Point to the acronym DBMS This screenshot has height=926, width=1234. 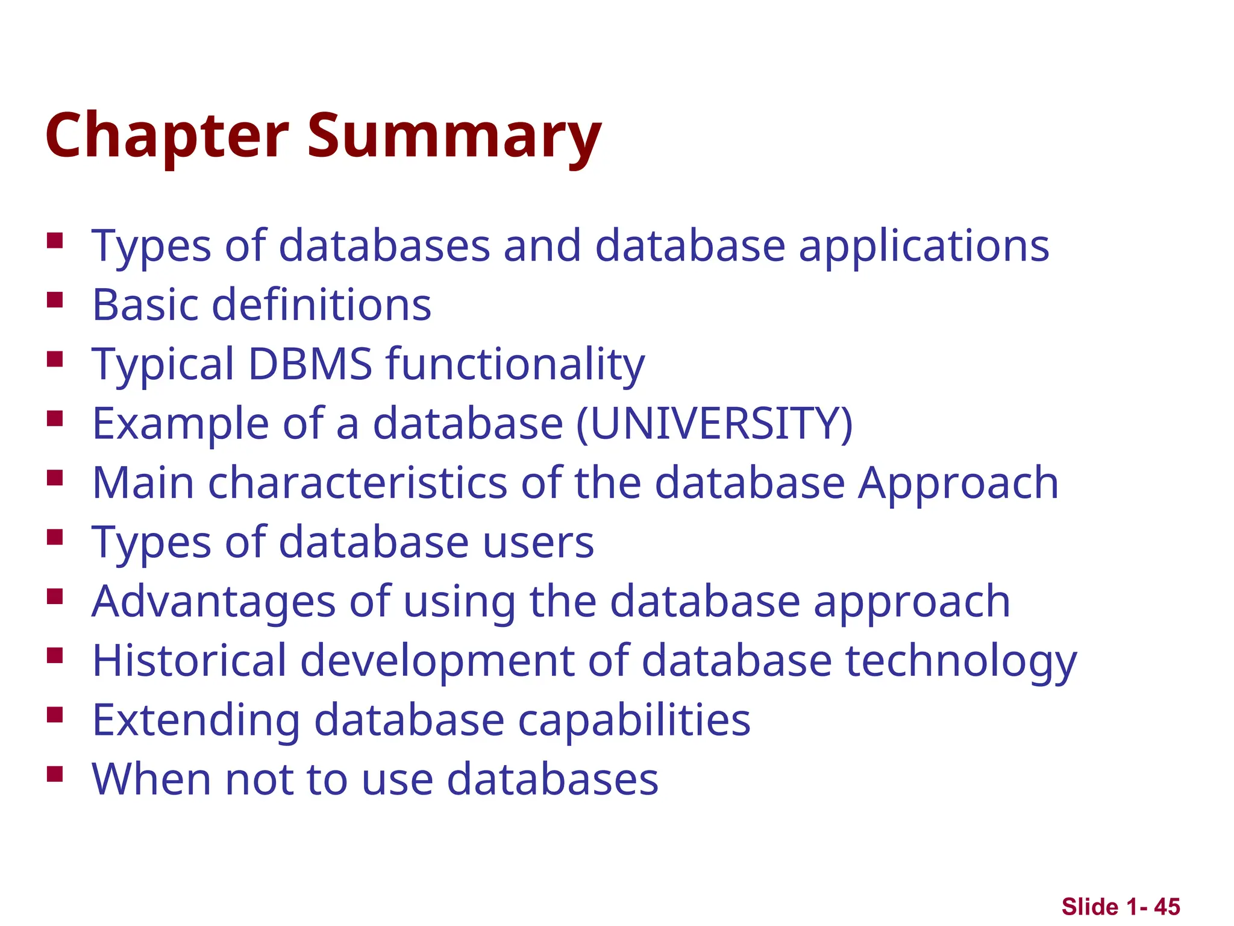pos(310,364)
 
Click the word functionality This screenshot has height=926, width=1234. pos(515,364)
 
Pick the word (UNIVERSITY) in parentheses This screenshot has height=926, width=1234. pos(715,423)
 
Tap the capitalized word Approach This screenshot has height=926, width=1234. pos(958,483)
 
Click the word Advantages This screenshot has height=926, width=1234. pos(213,602)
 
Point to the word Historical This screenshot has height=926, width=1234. pos(189,661)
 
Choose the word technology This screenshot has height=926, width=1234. pos(961,661)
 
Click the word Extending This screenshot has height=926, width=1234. pos(196,720)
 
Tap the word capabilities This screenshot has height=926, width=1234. pos(634,720)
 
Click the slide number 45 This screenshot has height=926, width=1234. pos(1167,907)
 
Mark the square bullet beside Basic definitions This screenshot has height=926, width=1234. pos(55,300)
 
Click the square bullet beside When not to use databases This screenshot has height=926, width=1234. pos(55,774)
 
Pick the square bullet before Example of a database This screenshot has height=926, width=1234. pos(55,418)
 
